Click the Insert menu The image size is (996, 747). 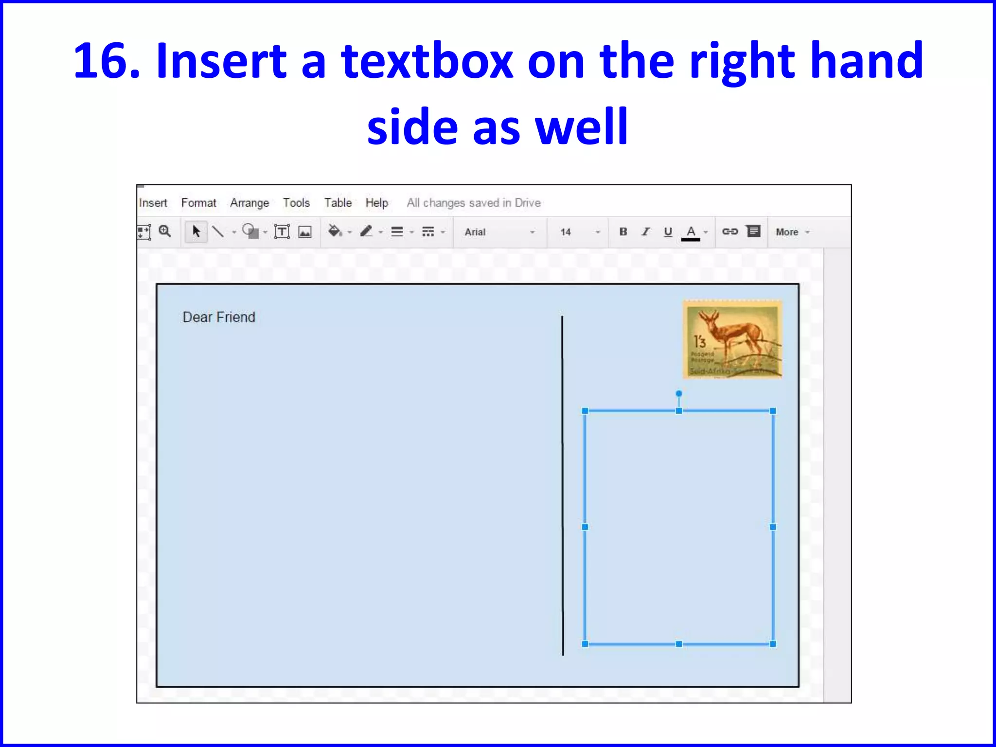[153, 203]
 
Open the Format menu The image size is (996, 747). [198, 203]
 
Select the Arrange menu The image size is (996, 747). [249, 203]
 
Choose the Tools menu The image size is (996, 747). [296, 203]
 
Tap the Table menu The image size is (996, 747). [338, 203]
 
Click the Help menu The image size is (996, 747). [377, 203]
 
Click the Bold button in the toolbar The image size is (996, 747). [623, 232]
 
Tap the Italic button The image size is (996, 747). [645, 232]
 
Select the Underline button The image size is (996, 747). [668, 232]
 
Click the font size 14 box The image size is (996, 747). [579, 232]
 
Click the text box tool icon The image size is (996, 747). [282, 232]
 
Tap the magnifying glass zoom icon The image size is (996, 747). [165, 231]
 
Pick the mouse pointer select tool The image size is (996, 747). [196, 231]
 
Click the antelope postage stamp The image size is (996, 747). [732, 339]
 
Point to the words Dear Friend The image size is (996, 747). [219, 318]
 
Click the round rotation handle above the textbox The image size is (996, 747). [679, 393]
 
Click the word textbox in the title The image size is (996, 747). [427, 61]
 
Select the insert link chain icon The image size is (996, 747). [729, 232]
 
